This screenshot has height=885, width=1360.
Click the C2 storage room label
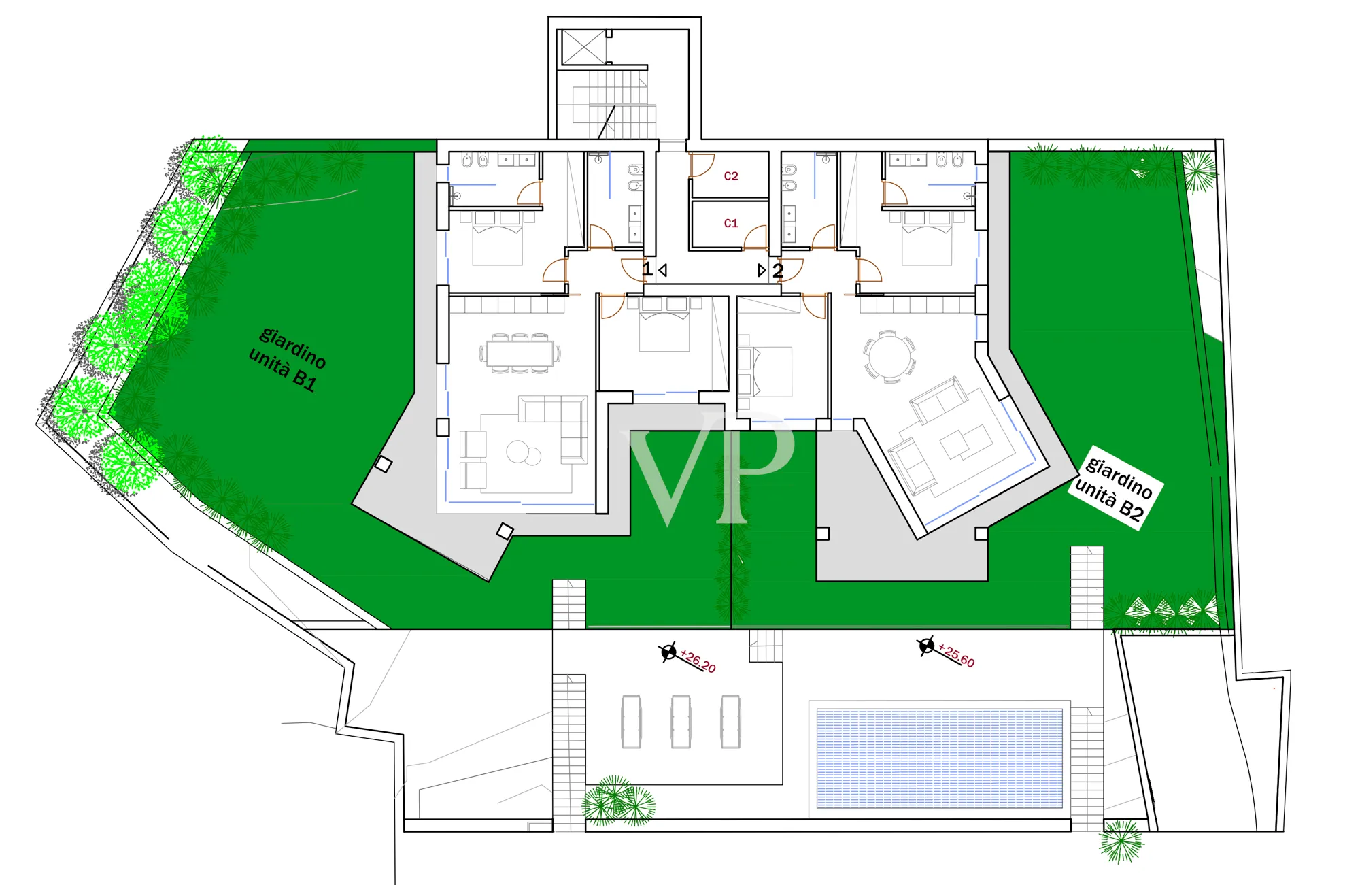[x=731, y=176]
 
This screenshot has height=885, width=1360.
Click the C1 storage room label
[x=731, y=223]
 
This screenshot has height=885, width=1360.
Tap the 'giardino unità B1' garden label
[x=288, y=358]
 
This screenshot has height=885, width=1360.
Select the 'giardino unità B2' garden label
[x=1115, y=488]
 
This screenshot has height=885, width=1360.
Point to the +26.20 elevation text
[x=698, y=661]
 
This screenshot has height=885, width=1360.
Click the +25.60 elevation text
[x=957, y=655]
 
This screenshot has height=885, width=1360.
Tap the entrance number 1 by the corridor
[x=647, y=269]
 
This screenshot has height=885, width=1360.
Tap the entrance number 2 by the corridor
[x=778, y=271]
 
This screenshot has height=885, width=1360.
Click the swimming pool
[x=939, y=758]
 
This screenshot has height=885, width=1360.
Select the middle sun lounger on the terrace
[x=681, y=722]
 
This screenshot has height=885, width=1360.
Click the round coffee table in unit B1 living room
[x=518, y=452]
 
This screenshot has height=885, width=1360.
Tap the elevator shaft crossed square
[x=582, y=47]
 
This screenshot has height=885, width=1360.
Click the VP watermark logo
[x=711, y=467]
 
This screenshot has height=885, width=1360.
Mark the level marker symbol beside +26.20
[x=669, y=652]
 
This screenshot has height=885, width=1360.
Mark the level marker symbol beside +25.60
[x=926, y=646]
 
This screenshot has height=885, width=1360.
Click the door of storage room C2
[x=702, y=166]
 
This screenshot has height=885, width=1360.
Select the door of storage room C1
[x=756, y=238]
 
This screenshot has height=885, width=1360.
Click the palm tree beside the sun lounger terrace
[x=617, y=802]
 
